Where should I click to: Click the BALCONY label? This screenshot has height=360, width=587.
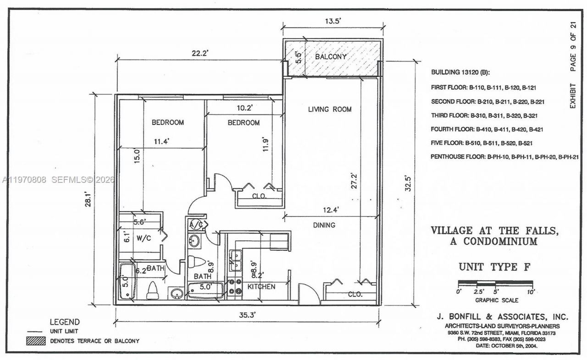point(331,57)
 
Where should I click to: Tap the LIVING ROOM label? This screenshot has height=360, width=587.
point(330,109)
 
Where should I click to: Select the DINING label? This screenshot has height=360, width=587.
point(324,225)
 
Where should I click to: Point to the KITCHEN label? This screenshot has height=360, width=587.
point(262,287)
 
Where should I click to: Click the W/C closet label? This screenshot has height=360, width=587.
point(144,238)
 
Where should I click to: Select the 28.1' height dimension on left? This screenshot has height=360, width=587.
point(88,199)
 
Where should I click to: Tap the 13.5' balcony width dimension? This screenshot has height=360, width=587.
point(332,21)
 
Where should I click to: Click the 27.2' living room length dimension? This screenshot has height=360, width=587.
point(353,185)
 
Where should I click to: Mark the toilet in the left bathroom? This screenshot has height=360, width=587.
point(152,290)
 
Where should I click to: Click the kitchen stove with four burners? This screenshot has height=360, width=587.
point(234,287)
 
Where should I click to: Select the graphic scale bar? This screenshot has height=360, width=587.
point(495,282)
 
